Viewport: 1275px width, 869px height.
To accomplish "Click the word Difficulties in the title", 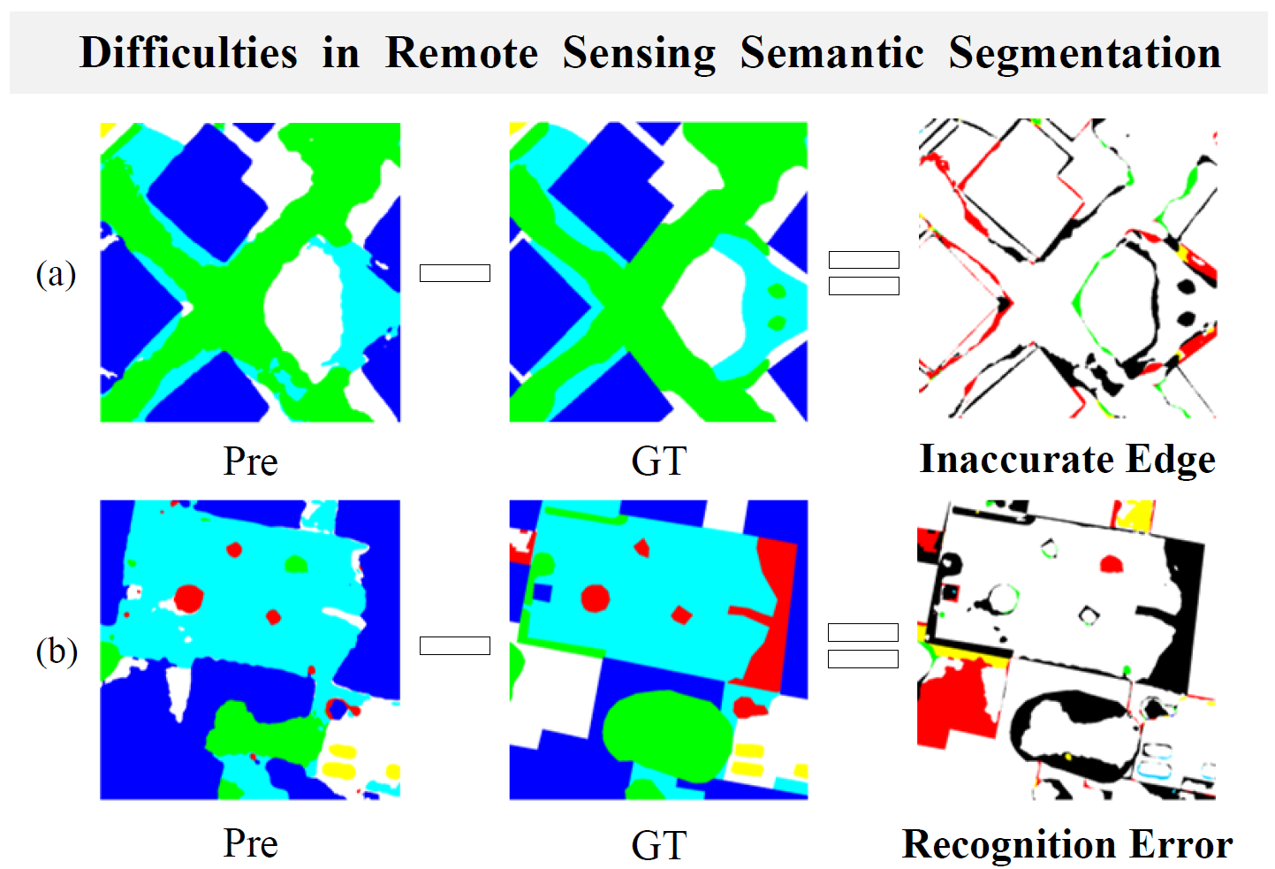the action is coord(188,52).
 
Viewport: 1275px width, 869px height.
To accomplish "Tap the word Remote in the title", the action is coord(461,52).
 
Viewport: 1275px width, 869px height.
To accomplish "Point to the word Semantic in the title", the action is coord(831,52).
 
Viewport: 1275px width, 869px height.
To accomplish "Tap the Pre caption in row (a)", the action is coord(250,461).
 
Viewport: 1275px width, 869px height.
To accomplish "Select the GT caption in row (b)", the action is coord(659,845).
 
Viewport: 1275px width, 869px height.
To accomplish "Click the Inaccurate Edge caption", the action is coord(1068,460).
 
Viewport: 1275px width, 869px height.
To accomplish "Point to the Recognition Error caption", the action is coord(1068,844).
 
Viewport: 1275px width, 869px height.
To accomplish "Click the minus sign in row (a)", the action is coord(455,273).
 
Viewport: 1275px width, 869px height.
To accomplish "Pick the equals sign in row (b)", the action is coord(863,645).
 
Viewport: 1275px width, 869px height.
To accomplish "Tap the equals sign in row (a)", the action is coord(864,273).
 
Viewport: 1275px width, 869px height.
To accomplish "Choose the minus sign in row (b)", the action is coord(455,645).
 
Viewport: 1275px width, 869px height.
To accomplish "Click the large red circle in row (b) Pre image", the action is coord(188,599).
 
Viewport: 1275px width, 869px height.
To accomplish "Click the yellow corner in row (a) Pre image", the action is coord(106,129).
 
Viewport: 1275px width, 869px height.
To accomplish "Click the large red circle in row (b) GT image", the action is coord(596,598).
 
